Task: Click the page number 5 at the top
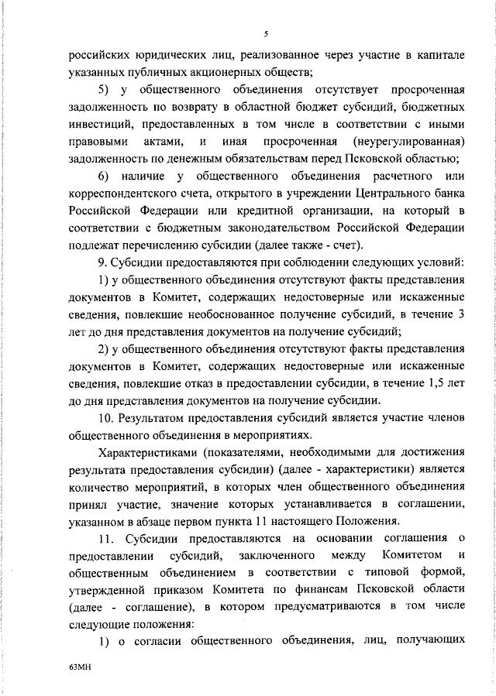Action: coord(265,34)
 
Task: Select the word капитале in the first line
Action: coord(432,55)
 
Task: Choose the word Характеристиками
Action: coord(143,454)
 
